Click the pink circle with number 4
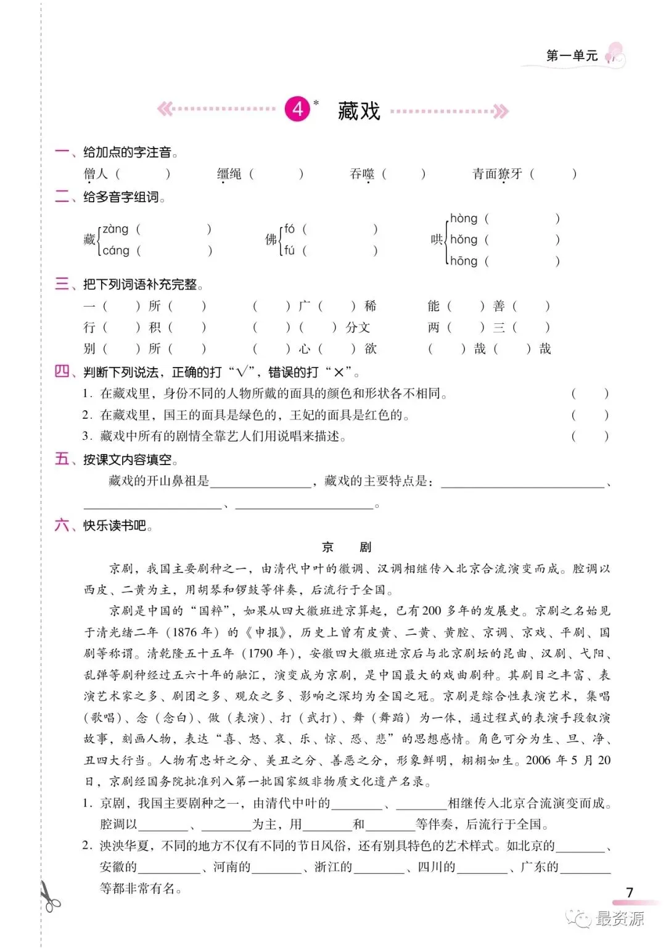(x=298, y=109)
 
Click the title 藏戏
(x=359, y=111)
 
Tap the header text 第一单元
(x=572, y=56)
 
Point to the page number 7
(x=629, y=892)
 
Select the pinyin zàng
(x=115, y=229)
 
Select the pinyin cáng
(x=115, y=250)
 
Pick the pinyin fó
(x=289, y=229)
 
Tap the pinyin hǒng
(x=464, y=239)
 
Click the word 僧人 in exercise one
(x=96, y=174)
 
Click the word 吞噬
(x=362, y=174)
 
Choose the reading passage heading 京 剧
(x=347, y=547)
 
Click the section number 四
(x=62, y=371)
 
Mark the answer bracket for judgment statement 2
(x=590, y=415)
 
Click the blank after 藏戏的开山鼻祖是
(x=261, y=482)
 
